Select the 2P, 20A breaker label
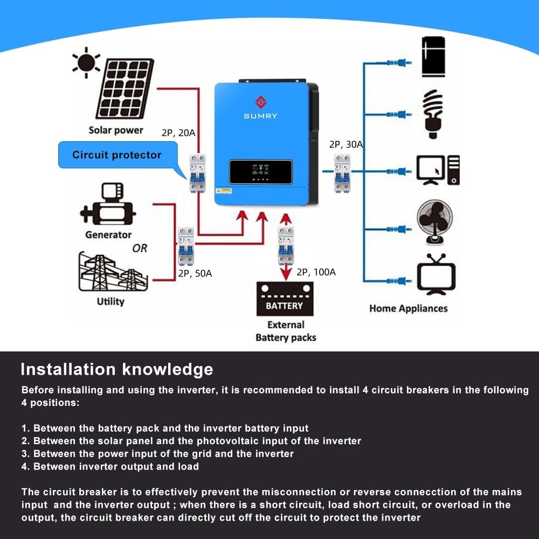(x=178, y=133)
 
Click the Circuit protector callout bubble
(x=117, y=155)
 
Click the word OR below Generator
(x=140, y=248)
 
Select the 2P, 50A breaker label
(x=195, y=273)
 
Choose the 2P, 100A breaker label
(x=316, y=272)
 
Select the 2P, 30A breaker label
(x=346, y=144)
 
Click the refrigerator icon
(x=433, y=56)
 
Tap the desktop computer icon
(x=438, y=170)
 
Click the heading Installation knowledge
(x=116, y=369)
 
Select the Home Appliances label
(x=408, y=308)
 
